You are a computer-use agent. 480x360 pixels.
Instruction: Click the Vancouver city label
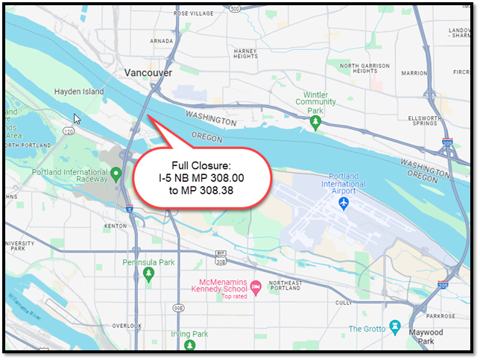click(x=148, y=73)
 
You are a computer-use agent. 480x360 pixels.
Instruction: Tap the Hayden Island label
click(x=79, y=92)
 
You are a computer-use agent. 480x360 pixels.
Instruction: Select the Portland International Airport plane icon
click(x=344, y=203)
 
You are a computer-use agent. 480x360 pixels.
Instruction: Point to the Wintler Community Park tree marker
click(x=317, y=121)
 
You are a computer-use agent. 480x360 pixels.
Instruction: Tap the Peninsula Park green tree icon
click(x=150, y=275)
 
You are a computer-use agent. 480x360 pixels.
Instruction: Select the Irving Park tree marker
click(x=192, y=346)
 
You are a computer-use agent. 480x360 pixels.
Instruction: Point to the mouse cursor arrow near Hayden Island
click(x=76, y=118)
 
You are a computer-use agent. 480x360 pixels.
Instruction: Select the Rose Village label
click(x=192, y=13)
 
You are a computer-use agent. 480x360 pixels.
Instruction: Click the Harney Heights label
click(x=245, y=53)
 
